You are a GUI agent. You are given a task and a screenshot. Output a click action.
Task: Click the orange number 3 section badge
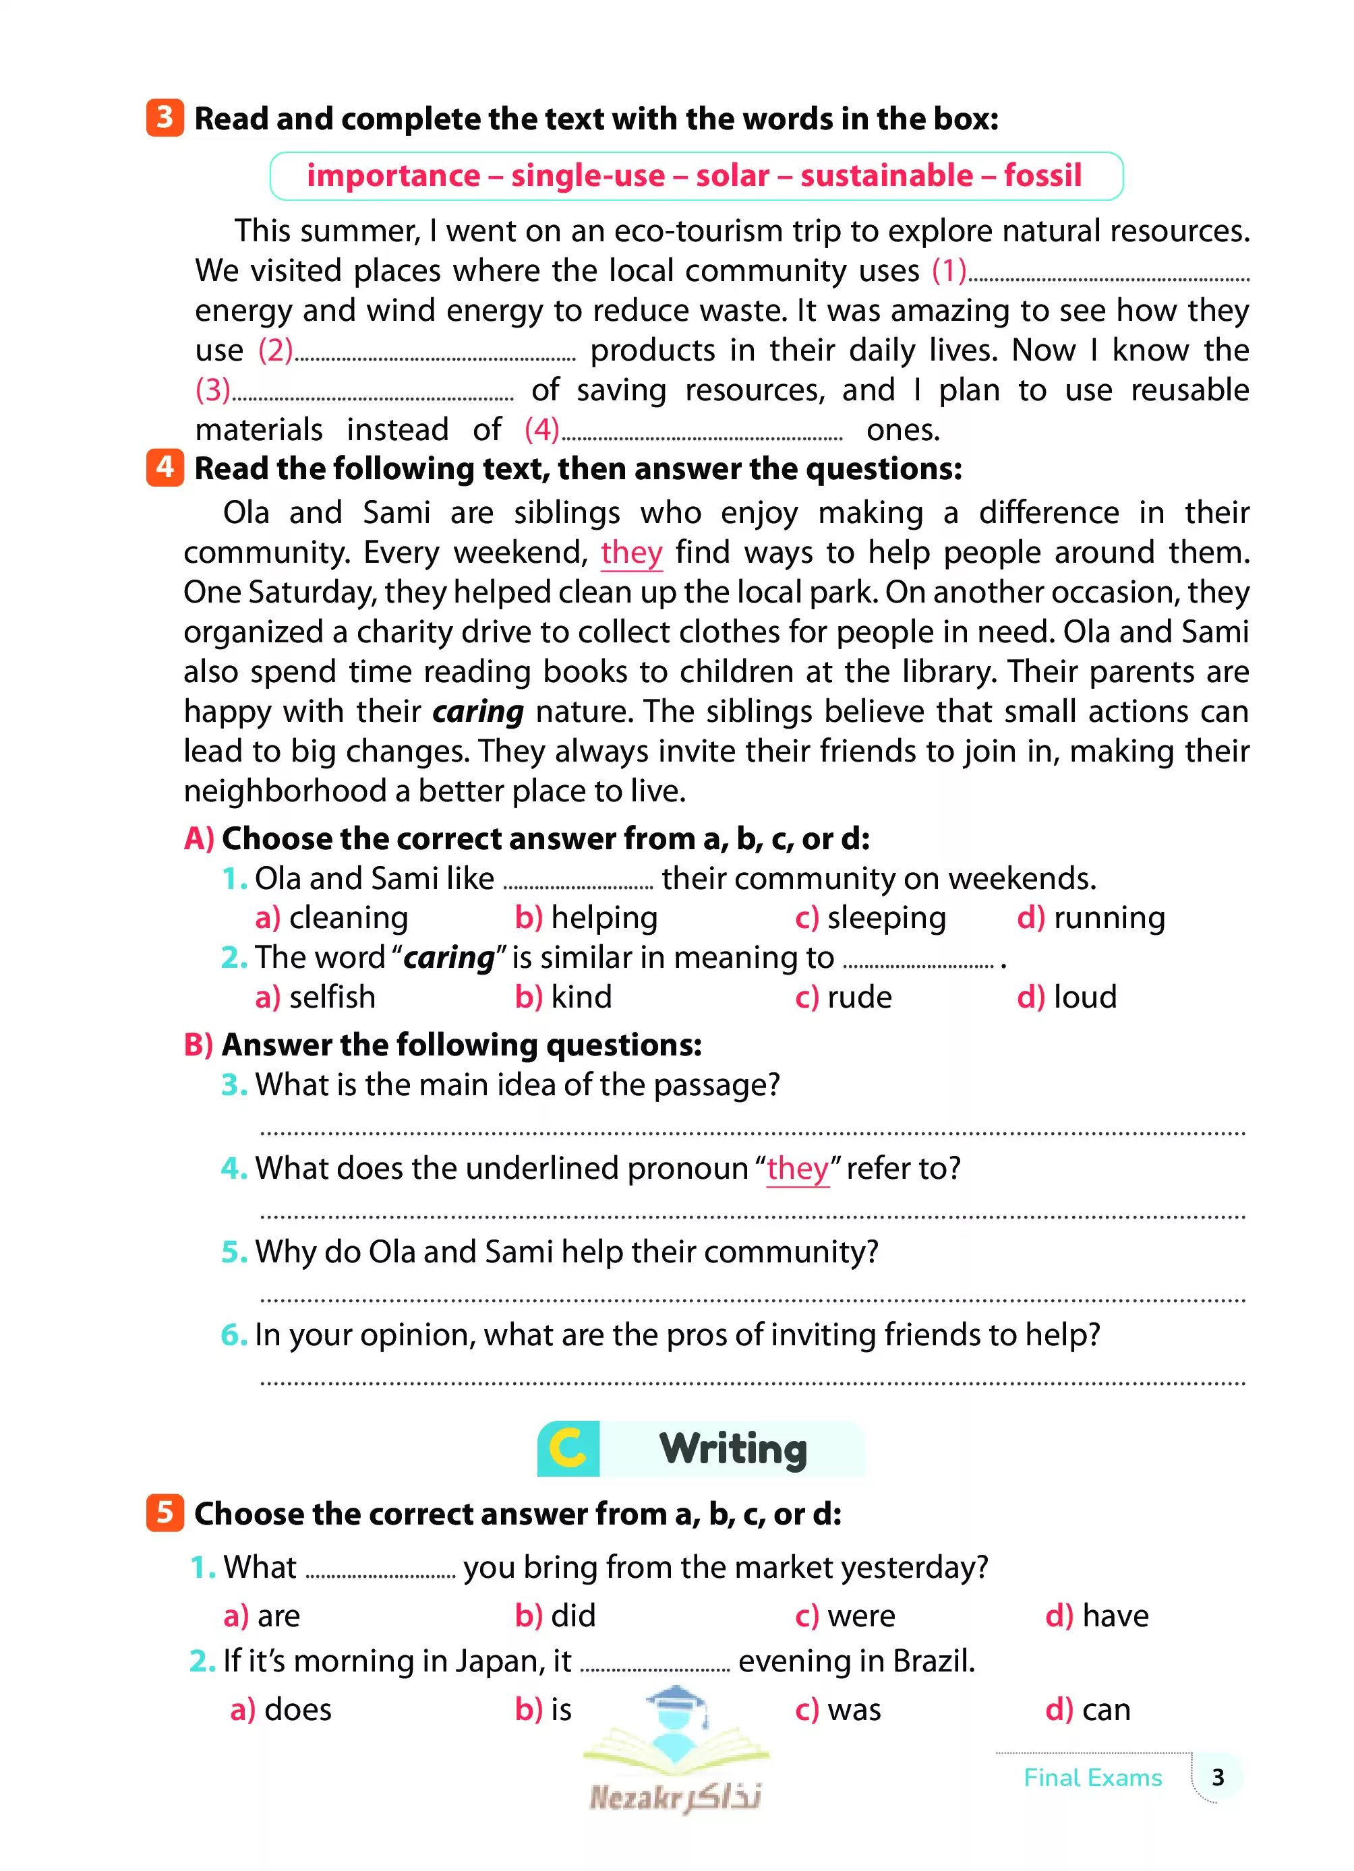pos(165,117)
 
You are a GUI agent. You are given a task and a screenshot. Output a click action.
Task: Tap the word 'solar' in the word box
pos(732,176)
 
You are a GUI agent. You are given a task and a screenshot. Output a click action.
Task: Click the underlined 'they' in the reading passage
pos(631,553)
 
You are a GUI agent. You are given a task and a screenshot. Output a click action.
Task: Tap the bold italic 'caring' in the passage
pos(477,712)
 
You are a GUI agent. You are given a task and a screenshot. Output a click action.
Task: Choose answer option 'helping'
pos(603,917)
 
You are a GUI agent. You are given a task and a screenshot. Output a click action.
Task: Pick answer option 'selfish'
pos(332,998)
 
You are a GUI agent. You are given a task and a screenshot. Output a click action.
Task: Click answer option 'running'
pos(1109,917)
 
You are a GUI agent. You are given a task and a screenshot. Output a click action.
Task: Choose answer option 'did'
pos(572,1616)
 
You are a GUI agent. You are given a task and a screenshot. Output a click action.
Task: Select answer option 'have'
pos(1115,1616)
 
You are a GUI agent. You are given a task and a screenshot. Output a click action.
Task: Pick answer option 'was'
pos(854,1709)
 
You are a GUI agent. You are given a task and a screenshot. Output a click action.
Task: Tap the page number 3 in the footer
pos(1217,1777)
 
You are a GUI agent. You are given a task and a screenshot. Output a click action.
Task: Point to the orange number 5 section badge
pos(165,1513)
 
